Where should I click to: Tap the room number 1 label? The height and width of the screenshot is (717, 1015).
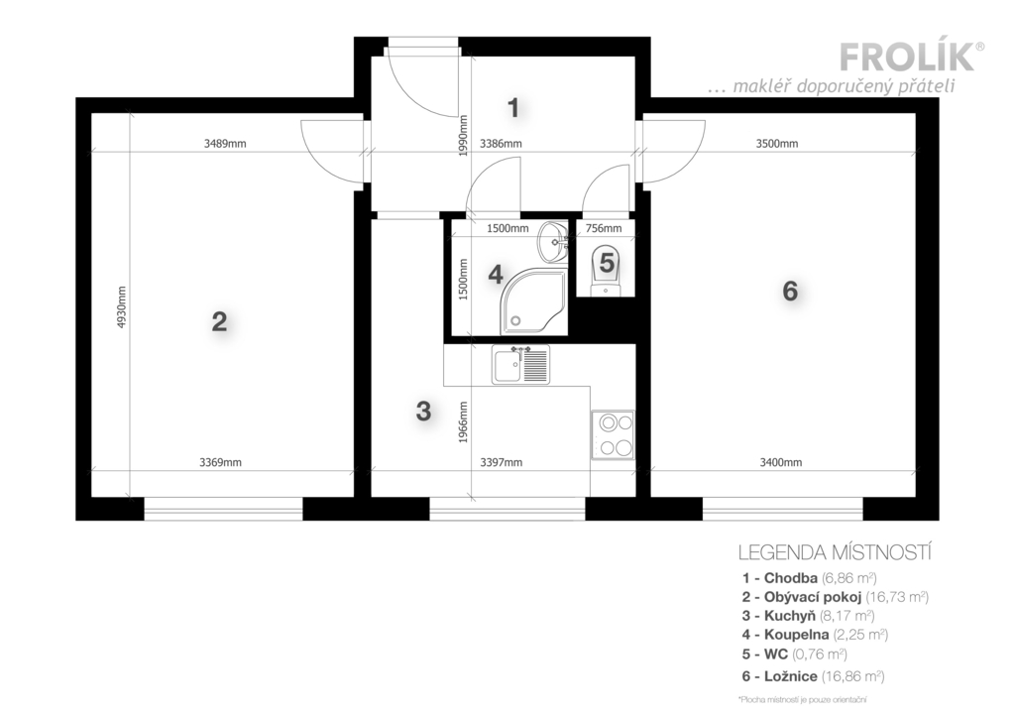pos(513,108)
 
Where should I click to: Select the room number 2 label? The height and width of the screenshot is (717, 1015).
pos(219,322)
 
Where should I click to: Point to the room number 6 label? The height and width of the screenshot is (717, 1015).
pos(790,292)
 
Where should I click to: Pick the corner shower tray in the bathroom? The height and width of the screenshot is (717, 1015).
pos(534,300)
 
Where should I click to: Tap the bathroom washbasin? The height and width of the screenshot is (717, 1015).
pos(553,242)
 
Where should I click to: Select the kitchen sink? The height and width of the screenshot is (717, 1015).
pos(520,365)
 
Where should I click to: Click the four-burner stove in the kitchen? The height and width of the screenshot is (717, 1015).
pos(613,434)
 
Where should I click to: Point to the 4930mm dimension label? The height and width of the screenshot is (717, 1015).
pos(122,307)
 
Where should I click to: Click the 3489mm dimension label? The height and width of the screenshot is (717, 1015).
pos(225,144)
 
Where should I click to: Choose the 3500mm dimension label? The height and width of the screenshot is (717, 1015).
pos(777,144)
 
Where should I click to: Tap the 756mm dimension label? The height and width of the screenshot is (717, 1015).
pos(604,228)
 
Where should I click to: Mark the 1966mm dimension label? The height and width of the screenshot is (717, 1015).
pos(463,422)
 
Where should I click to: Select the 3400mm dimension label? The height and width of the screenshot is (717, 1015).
pos(781,462)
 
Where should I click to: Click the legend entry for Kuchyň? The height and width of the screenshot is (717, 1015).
pos(808,616)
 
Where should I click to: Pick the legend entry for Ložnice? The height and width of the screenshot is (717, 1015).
pos(813,677)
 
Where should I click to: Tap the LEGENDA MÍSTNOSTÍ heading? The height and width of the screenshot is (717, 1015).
pos(835,553)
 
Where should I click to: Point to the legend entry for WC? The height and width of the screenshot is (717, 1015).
pos(794,655)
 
